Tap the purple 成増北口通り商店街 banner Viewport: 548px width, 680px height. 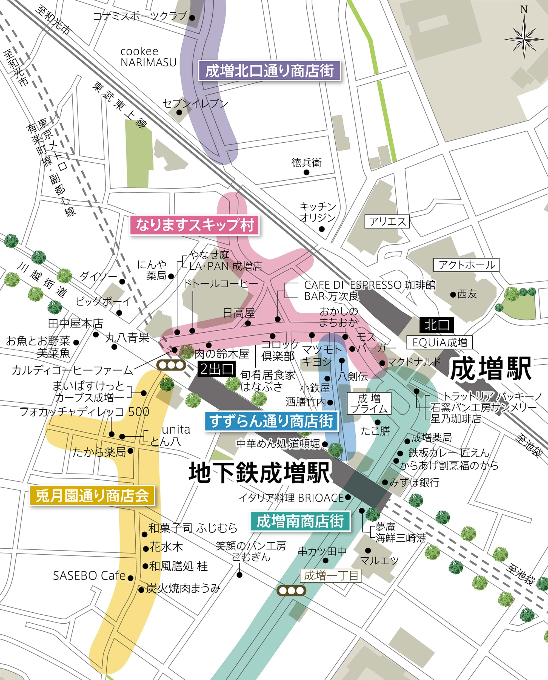click(269, 71)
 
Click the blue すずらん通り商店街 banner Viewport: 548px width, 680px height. click(271, 421)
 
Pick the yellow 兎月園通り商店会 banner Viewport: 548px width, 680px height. click(92, 496)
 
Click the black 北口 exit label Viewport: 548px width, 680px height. click(436, 325)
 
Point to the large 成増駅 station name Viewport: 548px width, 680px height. click(491, 369)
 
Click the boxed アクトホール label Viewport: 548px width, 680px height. click(467, 265)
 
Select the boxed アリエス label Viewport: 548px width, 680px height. click(387, 221)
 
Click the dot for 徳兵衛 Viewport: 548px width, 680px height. click(306, 172)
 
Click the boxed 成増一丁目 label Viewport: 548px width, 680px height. click(330, 576)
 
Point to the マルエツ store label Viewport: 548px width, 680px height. click(379, 560)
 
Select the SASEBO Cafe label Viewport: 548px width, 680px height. click(89, 576)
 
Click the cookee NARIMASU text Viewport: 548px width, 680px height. click(148, 57)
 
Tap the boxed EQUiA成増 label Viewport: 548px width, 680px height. click(440, 342)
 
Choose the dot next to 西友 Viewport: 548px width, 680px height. click(453, 295)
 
